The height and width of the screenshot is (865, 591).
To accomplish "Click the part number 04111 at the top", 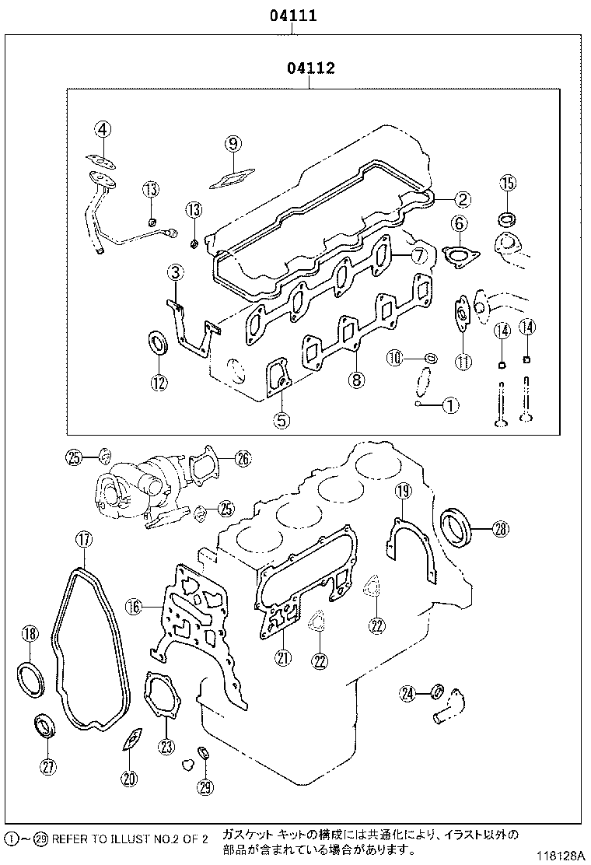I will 292,15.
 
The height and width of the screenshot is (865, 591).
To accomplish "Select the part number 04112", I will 310,68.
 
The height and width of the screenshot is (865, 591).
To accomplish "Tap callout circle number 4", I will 104,130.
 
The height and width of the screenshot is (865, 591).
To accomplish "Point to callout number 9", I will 233,142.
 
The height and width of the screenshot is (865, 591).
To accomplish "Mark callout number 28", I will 500,530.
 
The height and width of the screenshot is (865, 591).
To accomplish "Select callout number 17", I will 83,538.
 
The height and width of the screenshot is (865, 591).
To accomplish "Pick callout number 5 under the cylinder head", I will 281,421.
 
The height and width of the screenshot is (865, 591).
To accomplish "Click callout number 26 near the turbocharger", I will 243,459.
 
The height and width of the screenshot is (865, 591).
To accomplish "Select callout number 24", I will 409,692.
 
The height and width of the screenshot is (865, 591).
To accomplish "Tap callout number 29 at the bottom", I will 205,787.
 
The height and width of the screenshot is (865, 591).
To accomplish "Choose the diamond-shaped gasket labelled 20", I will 132,740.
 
